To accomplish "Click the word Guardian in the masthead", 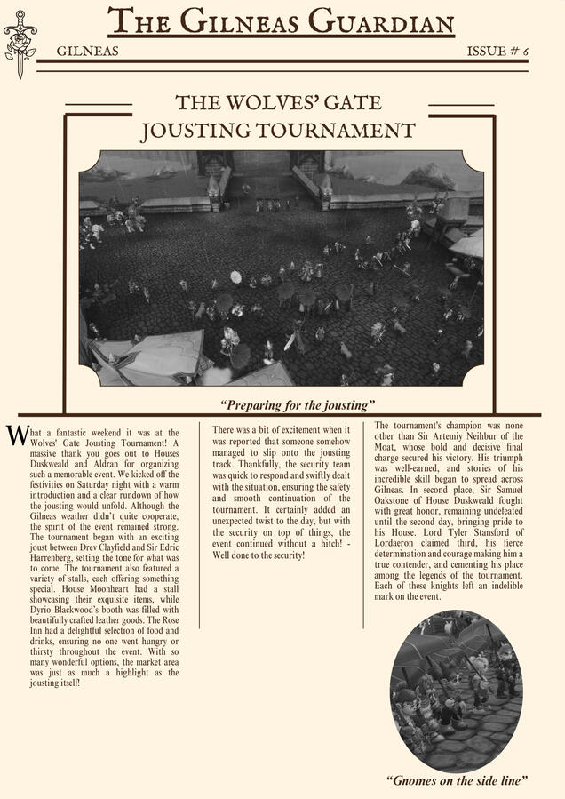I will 380,20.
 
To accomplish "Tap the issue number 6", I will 524,52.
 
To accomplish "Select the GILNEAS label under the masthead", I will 87,52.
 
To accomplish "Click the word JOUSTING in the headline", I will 196,132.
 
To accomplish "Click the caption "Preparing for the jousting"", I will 298,405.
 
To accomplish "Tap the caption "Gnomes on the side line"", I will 458,780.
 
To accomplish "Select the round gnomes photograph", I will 455,691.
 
